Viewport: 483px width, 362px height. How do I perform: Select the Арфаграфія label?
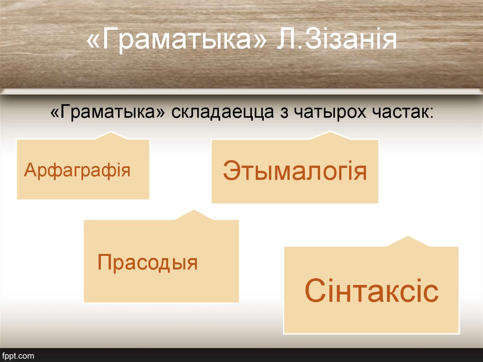(77, 169)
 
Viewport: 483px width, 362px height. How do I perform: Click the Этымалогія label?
(295, 171)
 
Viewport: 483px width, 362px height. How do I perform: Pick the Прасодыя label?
(147, 262)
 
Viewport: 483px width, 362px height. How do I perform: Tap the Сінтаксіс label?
(372, 291)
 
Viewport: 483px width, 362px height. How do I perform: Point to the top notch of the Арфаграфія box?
(111, 135)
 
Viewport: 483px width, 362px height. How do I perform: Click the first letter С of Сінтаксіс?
(315, 291)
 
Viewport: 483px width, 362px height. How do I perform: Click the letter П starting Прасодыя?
(104, 262)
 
